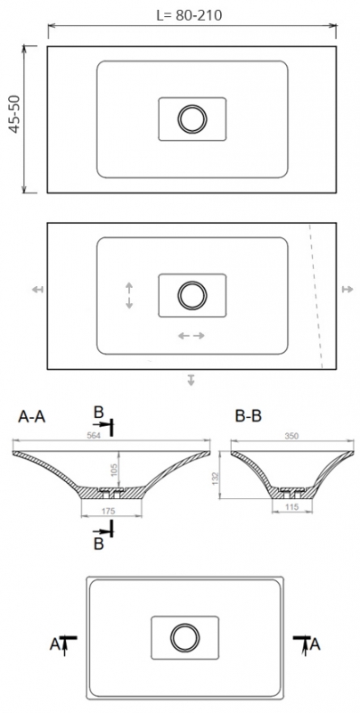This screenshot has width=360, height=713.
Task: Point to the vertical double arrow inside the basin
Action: [x=129, y=295]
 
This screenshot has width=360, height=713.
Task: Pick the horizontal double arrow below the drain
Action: [x=192, y=336]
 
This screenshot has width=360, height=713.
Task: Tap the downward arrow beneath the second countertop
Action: [x=192, y=381]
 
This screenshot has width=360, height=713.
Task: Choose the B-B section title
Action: [x=250, y=416]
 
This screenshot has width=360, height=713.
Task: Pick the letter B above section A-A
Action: [x=100, y=411]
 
